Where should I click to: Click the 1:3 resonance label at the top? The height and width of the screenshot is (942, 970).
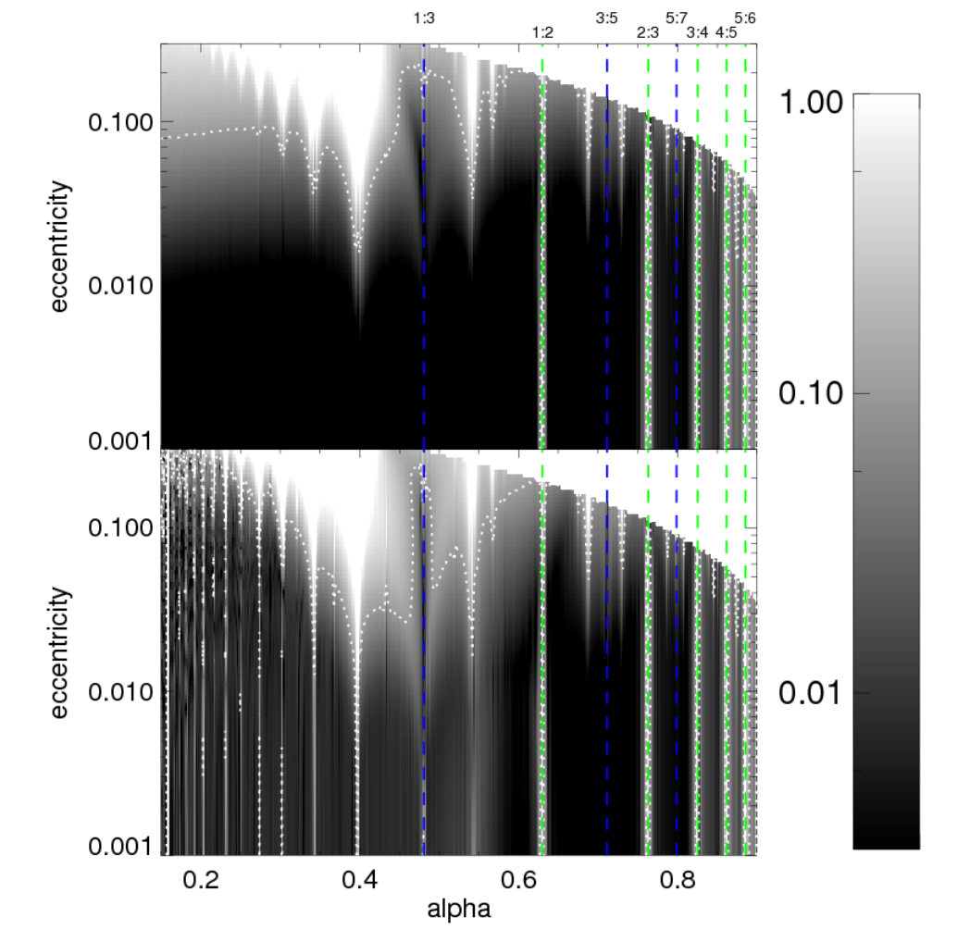click(x=424, y=19)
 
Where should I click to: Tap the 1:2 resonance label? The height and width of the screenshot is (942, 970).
click(x=542, y=32)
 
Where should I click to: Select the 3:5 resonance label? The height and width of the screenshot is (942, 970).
click(x=607, y=19)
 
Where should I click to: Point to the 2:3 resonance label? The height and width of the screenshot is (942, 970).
click(x=648, y=32)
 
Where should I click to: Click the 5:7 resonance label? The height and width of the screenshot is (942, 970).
click(x=677, y=19)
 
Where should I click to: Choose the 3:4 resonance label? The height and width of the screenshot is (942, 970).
click(x=697, y=32)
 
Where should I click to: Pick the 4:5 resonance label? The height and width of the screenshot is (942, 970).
click(x=727, y=32)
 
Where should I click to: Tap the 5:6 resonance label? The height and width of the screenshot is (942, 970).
click(x=745, y=19)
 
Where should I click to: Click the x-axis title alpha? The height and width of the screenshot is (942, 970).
click(x=459, y=909)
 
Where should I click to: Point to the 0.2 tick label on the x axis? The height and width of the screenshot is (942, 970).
click(x=201, y=879)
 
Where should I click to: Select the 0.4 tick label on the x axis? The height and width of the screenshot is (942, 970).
click(x=359, y=879)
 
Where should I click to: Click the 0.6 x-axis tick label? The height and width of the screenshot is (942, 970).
click(x=518, y=879)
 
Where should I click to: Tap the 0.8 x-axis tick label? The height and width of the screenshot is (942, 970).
click(x=678, y=879)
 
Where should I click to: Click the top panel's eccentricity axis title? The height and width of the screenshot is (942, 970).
click(x=60, y=246)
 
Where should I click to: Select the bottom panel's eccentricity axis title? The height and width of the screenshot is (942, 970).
click(x=60, y=652)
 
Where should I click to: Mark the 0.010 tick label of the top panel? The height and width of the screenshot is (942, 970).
click(x=120, y=286)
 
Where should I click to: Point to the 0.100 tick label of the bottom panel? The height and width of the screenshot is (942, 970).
click(x=120, y=527)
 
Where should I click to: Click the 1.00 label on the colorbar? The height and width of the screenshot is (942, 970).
click(x=811, y=102)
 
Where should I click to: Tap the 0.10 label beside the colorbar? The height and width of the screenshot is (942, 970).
click(x=811, y=392)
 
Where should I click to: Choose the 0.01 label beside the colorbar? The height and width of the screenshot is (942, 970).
click(x=811, y=693)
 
